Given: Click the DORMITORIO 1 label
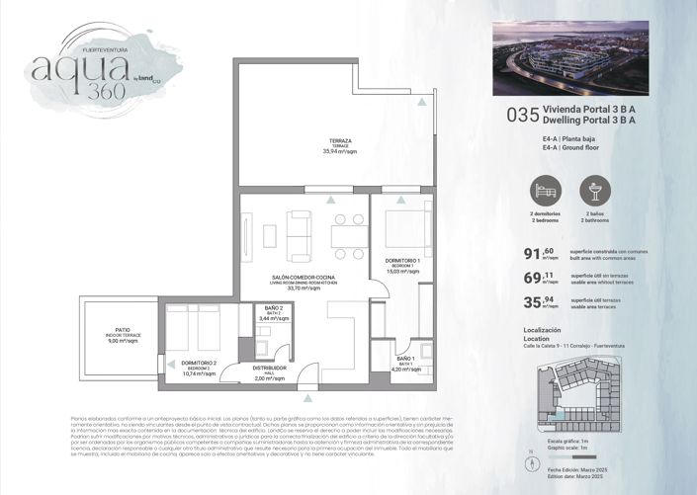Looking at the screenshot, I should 402,261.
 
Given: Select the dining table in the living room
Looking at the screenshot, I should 348,232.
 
